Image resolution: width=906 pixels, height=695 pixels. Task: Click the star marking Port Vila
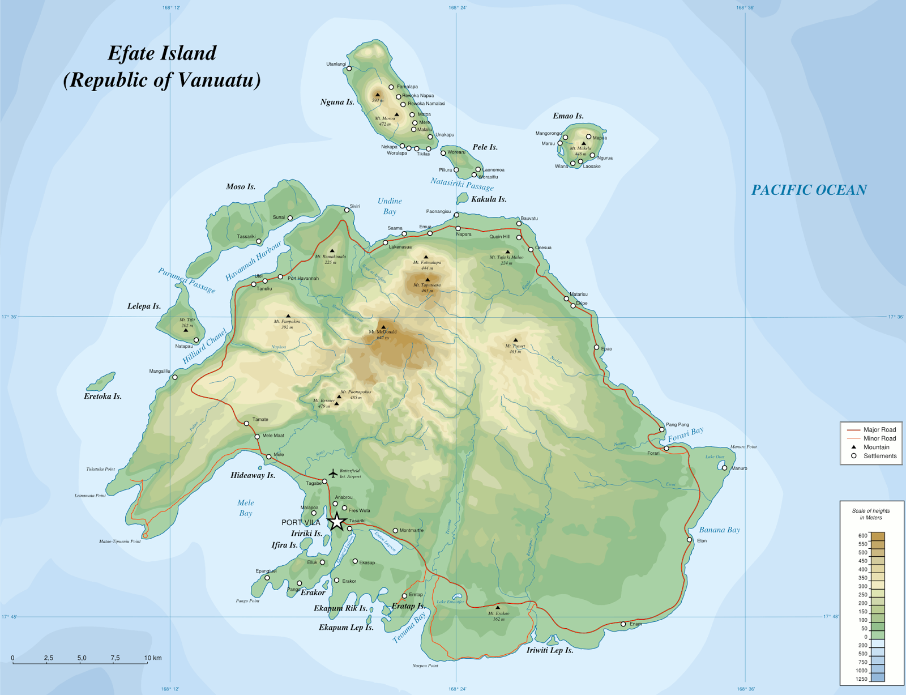pyautogui.click(x=337, y=522)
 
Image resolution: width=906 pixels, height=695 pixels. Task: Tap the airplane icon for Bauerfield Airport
pyautogui.click(x=333, y=473)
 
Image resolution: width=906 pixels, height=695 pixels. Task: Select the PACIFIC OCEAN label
pyautogui.click(x=809, y=190)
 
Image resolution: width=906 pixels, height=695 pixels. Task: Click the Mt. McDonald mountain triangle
pyautogui.click(x=383, y=327)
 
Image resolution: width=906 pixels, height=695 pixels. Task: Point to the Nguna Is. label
pyautogui.click(x=337, y=103)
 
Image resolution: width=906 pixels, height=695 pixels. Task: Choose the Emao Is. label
pyautogui.click(x=568, y=116)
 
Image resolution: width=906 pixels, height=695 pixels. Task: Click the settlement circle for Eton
pyautogui.click(x=690, y=540)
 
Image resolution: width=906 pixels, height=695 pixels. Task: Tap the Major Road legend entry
pyautogui.click(x=879, y=430)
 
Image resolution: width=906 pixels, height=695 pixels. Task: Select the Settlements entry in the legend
pyautogui.click(x=879, y=456)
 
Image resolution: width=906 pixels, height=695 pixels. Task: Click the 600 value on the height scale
pyautogui.click(x=862, y=535)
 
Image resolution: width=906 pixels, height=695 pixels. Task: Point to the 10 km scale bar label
pyautogui.click(x=153, y=658)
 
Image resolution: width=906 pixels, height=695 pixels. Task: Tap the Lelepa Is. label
pyautogui.click(x=144, y=306)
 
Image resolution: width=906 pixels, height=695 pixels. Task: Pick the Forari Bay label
pyautogui.click(x=685, y=434)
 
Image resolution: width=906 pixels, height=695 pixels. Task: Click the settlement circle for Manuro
pyautogui.click(x=724, y=468)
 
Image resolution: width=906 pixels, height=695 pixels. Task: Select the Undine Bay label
pyautogui.click(x=390, y=206)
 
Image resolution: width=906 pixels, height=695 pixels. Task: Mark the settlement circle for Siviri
pyautogui.click(x=347, y=210)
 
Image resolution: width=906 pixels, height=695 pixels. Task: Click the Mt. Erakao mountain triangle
pyautogui.click(x=498, y=607)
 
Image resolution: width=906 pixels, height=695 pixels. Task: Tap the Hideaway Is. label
pyautogui.click(x=253, y=476)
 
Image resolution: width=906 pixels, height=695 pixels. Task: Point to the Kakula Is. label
pyautogui.click(x=489, y=199)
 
